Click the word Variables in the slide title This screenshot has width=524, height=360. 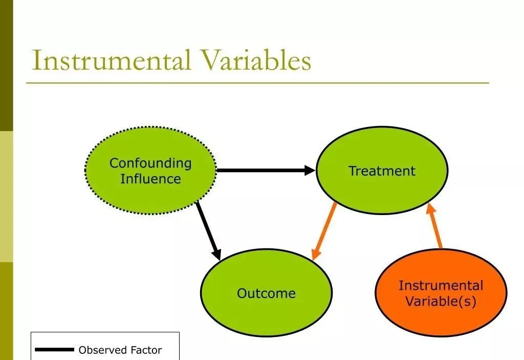point(255,60)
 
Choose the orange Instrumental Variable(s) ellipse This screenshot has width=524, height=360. point(441,317)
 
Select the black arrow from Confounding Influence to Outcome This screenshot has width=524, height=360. point(208,230)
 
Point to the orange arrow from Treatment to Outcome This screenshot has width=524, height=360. point(324,230)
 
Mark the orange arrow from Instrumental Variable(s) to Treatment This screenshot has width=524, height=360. point(435,225)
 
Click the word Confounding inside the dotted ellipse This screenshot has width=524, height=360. point(150,163)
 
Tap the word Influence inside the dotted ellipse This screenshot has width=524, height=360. point(150,179)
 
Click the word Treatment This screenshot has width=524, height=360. point(382,171)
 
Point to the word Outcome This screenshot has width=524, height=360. point(266,293)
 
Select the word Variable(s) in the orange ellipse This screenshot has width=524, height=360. point(441,301)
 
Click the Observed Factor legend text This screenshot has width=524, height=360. point(120,350)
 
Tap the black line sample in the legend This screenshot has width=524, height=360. point(54,350)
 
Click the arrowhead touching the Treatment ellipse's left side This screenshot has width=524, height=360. point(310,170)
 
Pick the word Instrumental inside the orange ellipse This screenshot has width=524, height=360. point(441,285)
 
